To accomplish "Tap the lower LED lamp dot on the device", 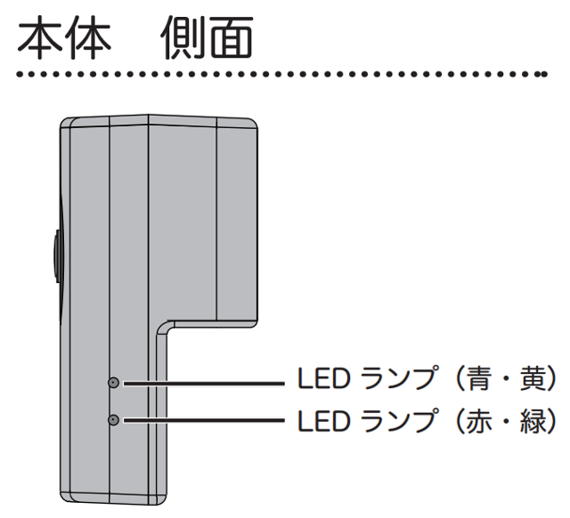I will coord(113,419).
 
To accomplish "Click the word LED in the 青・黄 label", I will coord(318,381).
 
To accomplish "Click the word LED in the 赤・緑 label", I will coord(318,418).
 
